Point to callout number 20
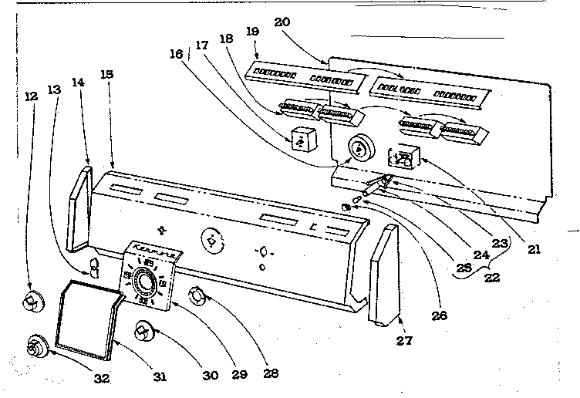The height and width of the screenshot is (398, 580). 282,22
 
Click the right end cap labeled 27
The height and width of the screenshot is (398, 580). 383,274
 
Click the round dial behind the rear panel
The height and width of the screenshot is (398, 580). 358,147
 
